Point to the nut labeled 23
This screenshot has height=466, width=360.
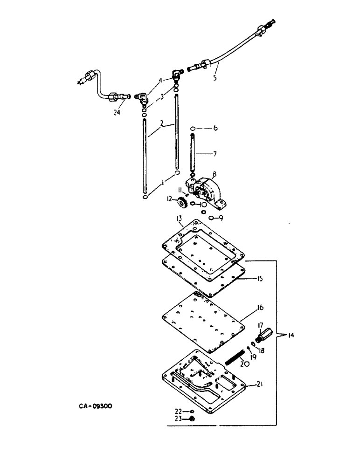pos(192,418)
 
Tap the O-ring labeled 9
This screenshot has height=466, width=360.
pos(211,217)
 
